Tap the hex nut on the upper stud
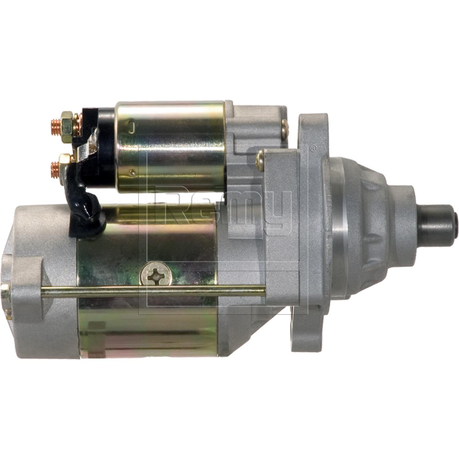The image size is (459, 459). tap(67, 124)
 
